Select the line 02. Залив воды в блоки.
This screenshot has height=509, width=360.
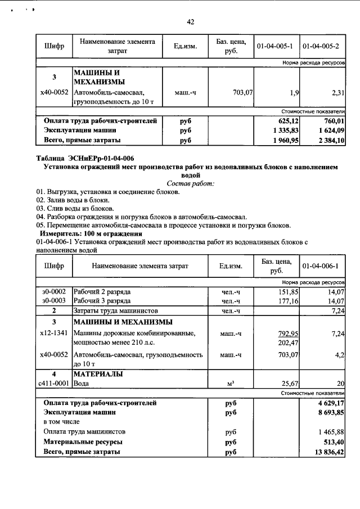click(x=73, y=200)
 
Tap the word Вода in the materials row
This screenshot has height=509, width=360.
click(x=82, y=383)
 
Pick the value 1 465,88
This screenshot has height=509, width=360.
click(x=328, y=431)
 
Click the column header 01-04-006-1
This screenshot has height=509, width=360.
click(x=323, y=265)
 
